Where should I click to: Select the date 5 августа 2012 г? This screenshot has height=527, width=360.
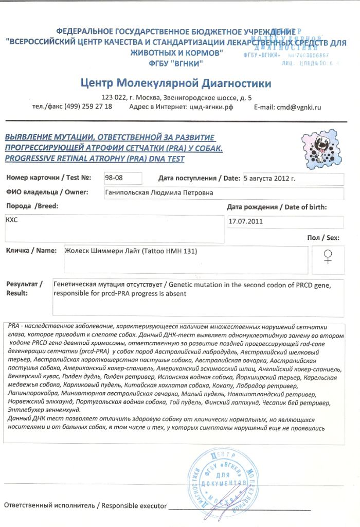pyautogui.click(x=269, y=179)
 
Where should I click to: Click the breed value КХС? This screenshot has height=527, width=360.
pyautogui.click(x=12, y=219)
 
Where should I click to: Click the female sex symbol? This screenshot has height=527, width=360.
pyautogui.click(x=327, y=256)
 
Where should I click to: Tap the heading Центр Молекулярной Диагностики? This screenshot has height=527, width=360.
pyautogui.click(x=176, y=83)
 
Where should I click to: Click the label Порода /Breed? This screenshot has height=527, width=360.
pyautogui.click(x=32, y=206)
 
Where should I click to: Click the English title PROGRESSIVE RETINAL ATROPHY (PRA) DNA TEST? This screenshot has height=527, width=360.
pyautogui.click(x=95, y=159)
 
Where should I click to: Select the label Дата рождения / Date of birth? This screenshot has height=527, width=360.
pyautogui.click(x=277, y=207)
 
